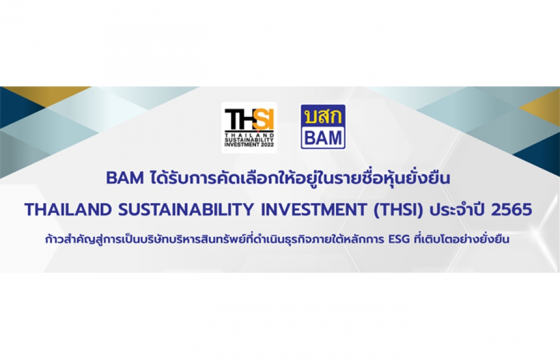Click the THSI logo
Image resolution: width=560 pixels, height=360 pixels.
[249, 128]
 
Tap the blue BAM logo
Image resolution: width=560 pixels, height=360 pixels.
[323, 127]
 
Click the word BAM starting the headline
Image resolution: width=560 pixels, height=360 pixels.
[125, 178]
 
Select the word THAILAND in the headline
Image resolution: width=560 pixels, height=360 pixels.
[68, 209]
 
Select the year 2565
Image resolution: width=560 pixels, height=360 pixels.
[511, 210]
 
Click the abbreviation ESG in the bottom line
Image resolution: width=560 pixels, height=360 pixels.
[399, 239]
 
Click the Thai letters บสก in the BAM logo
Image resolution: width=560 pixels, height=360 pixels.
[323, 116]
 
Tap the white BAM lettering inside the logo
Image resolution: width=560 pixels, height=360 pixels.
[323, 138]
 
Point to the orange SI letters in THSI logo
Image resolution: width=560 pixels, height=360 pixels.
[265, 120]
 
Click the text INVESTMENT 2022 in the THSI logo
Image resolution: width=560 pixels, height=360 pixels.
[249, 144]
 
